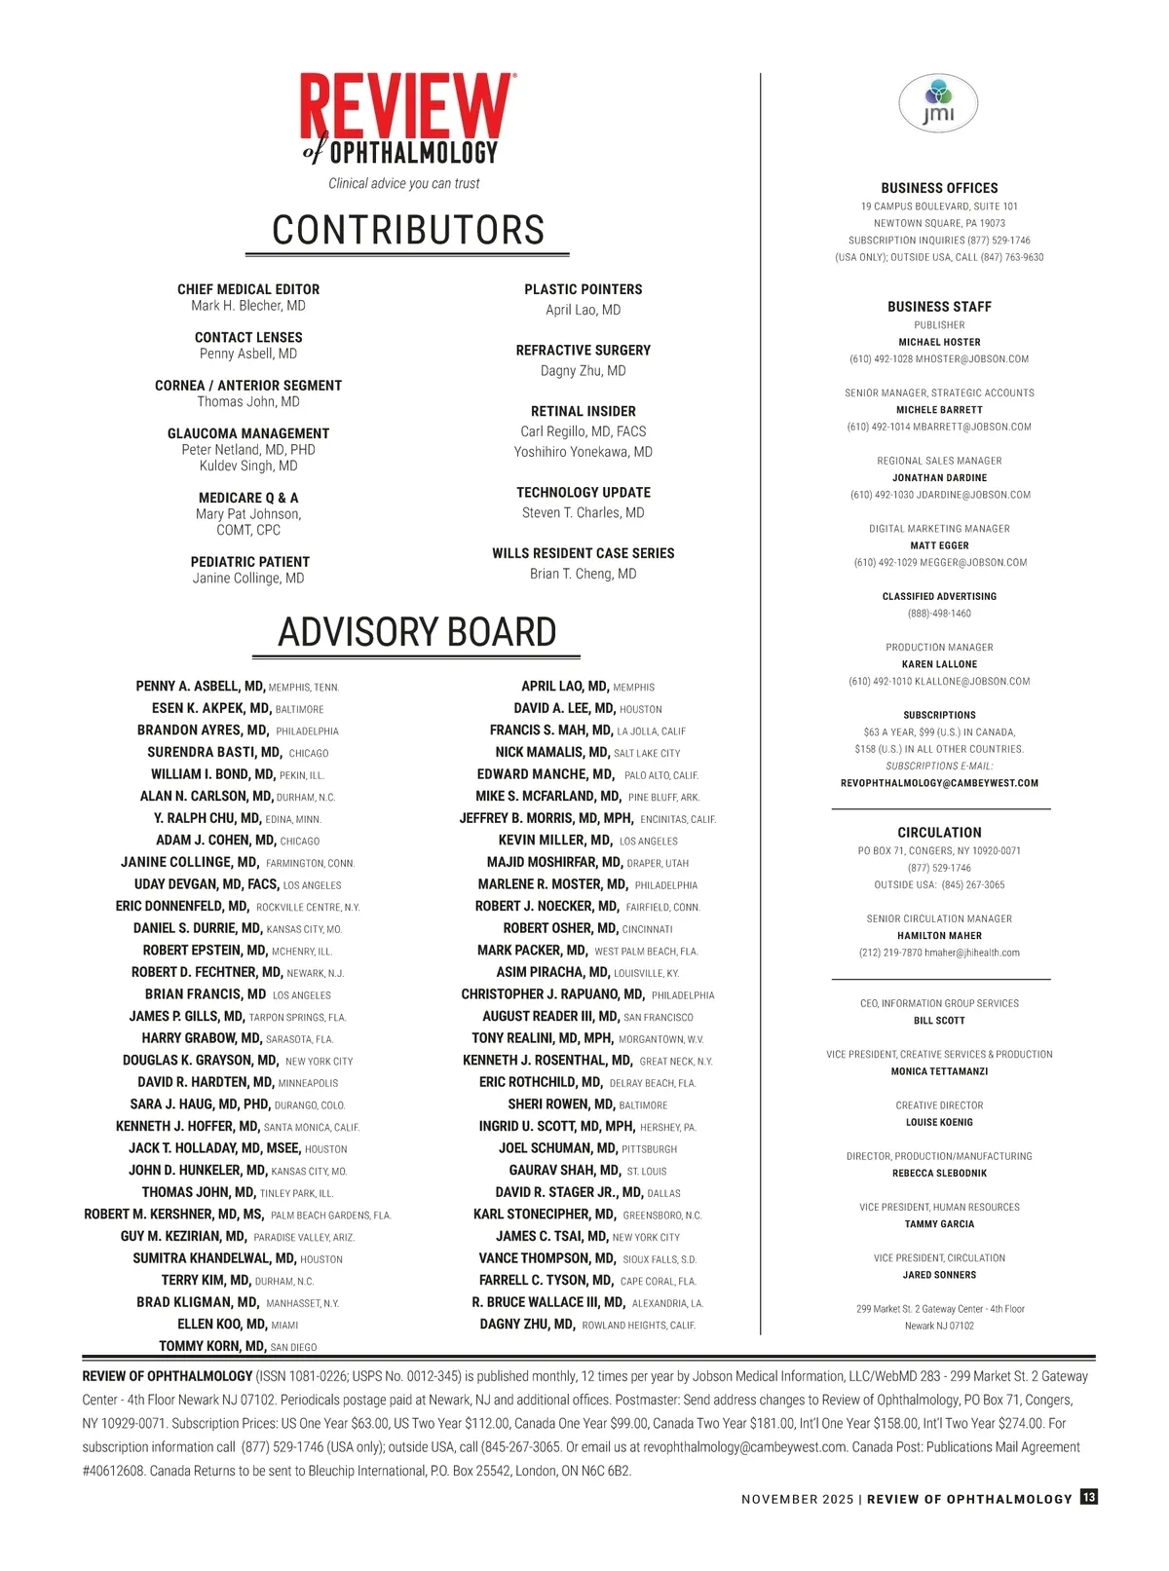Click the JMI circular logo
tap(938, 104)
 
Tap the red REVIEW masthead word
tap(406, 108)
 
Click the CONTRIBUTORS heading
tap(408, 230)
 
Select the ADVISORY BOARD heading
tap(417, 632)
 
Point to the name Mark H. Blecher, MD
tap(248, 306)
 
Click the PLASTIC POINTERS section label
tap(583, 289)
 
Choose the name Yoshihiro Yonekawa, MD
tap(583, 452)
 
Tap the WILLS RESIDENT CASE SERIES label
tap(583, 553)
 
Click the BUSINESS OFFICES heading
tap(939, 188)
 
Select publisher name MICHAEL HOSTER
tap(939, 342)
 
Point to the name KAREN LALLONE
tap(939, 664)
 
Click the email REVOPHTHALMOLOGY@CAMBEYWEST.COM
tap(939, 783)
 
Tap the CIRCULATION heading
tap(939, 833)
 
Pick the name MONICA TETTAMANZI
tap(939, 1071)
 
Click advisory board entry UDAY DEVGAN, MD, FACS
tap(207, 884)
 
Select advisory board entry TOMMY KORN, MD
tap(212, 1346)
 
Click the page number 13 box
tap(1088, 1498)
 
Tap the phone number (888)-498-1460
tap(939, 614)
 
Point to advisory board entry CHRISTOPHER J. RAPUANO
tap(552, 994)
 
